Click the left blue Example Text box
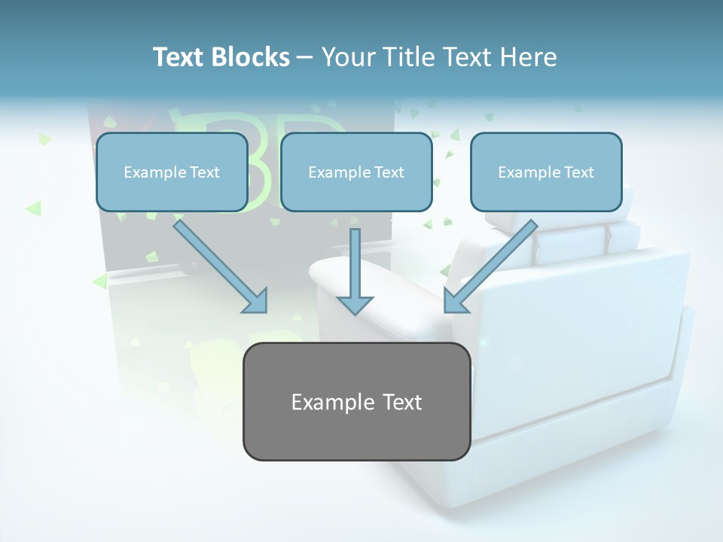(x=172, y=172)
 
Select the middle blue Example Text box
(x=356, y=172)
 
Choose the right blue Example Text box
(x=546, y=172)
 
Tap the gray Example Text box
(x=356, y=401)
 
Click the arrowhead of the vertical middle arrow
(x=355, y=303)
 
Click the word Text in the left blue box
(x=205, y=172)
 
